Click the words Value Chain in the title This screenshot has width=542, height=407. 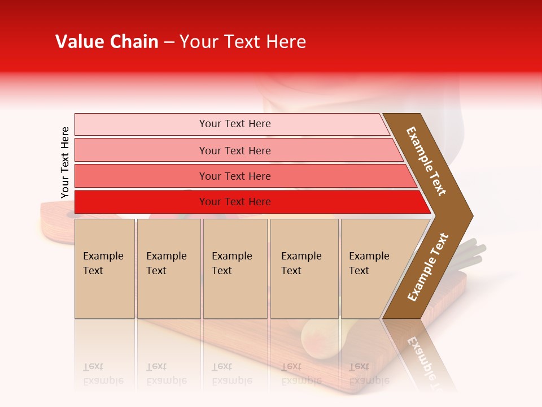point(107,42)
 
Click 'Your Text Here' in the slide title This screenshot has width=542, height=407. point(243,42)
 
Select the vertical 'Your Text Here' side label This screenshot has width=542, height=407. point(65,162)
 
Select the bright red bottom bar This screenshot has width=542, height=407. point(141,202)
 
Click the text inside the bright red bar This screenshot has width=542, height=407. point(235,202)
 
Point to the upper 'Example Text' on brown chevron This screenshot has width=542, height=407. point(426,161)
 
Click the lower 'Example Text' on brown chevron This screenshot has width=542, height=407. point(428,267)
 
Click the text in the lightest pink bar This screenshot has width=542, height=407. point(235,124)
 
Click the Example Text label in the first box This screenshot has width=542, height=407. point(103,263)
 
